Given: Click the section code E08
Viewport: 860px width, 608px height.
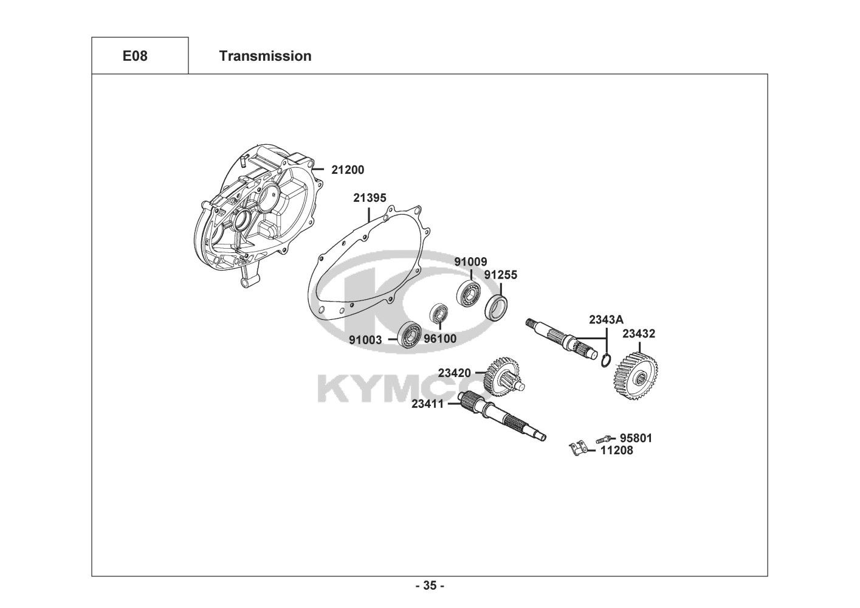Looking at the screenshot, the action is point(135,56).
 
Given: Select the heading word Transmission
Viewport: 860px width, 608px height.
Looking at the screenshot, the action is point(266,56).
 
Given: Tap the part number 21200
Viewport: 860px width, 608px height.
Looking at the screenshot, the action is point(348,170).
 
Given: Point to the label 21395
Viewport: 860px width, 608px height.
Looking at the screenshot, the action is point(370,198).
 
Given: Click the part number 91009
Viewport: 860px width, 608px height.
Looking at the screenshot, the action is point(470,261).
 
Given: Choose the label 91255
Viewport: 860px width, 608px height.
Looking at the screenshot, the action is point(501,275).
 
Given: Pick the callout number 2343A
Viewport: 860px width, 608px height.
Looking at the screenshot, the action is point(607,320).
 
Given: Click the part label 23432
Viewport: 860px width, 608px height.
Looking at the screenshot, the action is point(639,334).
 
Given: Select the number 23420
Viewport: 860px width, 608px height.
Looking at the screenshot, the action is point(455,373).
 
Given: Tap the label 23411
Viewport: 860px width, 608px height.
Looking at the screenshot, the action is point(428,404).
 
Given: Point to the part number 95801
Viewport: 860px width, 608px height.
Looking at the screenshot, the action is point(636,438).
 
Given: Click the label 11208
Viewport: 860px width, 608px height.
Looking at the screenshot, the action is point(617,450).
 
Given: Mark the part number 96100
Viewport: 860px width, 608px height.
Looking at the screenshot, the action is point(441,339).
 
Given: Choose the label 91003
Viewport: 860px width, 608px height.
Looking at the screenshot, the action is point(365,340).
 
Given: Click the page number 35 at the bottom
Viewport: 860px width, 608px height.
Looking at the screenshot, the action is point(430,586).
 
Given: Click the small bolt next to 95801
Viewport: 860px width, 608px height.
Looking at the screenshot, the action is point(604,438).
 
